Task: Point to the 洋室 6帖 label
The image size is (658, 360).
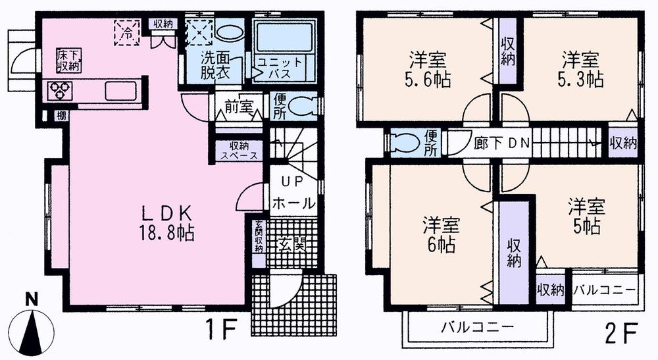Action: [442, 234]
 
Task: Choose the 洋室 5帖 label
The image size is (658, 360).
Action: [586, 216]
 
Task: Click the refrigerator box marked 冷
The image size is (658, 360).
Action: [128, 32]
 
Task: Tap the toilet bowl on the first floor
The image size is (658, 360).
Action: [302, 105]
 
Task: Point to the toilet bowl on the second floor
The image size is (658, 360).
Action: [403, 142]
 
